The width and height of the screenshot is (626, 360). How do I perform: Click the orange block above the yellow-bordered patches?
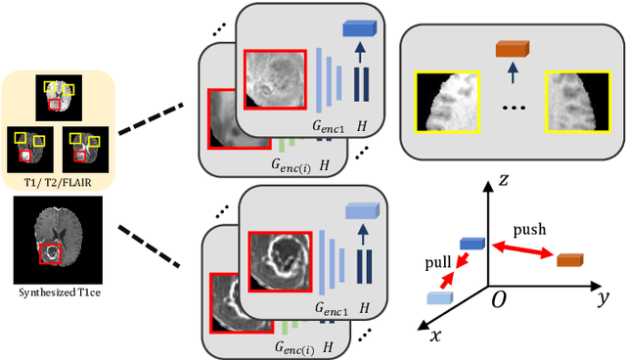(511, 47)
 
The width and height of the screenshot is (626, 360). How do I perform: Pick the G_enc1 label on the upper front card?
(330, 123)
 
